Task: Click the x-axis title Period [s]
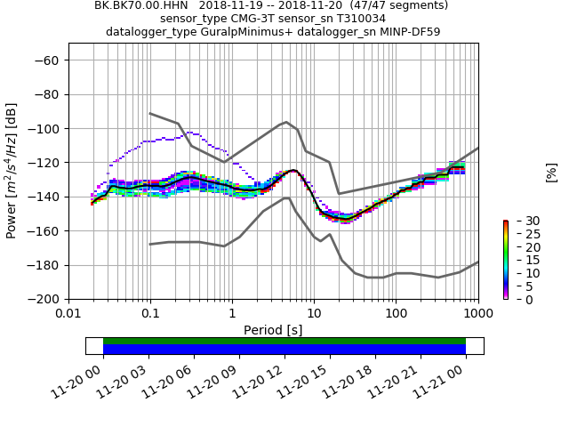coord(273,329)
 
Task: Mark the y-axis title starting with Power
coord(12,171)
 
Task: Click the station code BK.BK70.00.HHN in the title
coord(138,5)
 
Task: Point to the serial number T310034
coord(355,18)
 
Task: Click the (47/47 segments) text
coord(392,5)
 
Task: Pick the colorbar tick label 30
coord(520,221)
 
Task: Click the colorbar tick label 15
coord(520,260)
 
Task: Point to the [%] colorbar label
coord(551,172)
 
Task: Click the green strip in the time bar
coord(284,341)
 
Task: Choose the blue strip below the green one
coord(284,350)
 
